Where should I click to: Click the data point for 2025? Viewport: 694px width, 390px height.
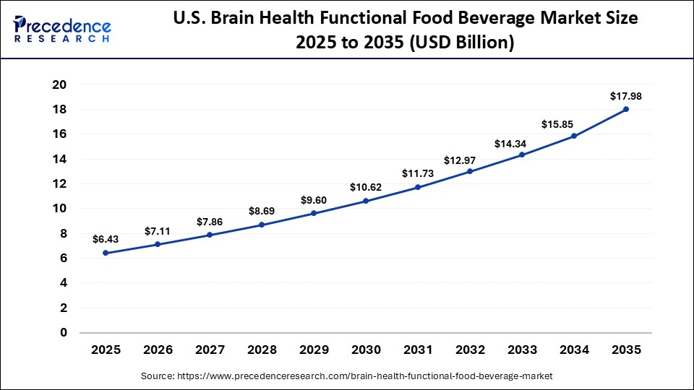pyautogui.click(x=106, y=253)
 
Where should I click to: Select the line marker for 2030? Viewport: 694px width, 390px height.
pyautogui.click(x=366, y=201)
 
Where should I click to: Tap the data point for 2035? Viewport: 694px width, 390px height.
pyautogui.click(x=626, y=109)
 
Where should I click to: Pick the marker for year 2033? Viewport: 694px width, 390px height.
pyautogui.click(x=522, y=155)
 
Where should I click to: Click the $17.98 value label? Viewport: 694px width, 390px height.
pyautogui.click(x=626, y=95)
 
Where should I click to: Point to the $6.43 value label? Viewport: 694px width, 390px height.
pyautogui.click(x=106, y=239)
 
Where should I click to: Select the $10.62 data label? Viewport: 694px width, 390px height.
pyautogui.click(x=366, y=187)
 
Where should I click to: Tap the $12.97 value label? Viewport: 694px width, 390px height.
pyautogui.click(x=470, y=158)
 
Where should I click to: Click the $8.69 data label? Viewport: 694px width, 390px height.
pyautogui.click(x=262, y=211)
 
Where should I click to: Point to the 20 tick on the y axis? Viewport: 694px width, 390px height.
pyautogui.click(x=59, y=84)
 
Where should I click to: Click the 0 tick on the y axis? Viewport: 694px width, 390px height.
pyautogui.click(x=64, y=333)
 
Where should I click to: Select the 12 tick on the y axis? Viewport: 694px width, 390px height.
pyautogui.click(x=59, y=183)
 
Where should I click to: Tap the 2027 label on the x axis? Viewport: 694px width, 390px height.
pyautogui.click(x=210, y=350)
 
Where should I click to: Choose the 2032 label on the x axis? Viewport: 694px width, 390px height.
pyautogui.click(x=470, y=350)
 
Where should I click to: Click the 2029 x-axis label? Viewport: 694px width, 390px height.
pyautogui.click(x=314, y=350)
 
